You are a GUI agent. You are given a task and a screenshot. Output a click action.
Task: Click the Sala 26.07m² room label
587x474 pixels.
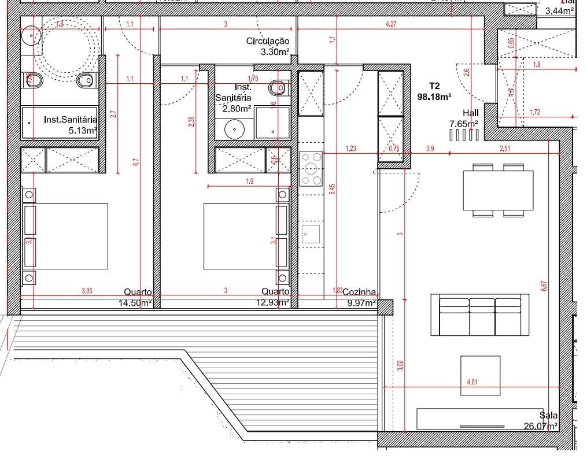pyautogui.click(x=541, y=421)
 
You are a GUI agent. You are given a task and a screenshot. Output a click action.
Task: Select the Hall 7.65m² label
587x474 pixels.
pyautogui.click(x=464, y=118)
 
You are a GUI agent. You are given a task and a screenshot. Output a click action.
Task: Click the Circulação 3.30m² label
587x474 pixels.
pyautogui.click(x=268, y=46)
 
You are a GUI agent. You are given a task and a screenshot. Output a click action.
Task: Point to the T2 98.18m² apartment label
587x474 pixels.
pyautogui.click(x=434, y=91)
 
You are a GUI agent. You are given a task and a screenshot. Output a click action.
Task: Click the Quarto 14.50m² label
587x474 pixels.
pyautogui.click(x=136, y=297)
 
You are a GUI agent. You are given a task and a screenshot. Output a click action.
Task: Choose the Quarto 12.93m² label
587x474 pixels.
pyautogui.click(x=274, y=297)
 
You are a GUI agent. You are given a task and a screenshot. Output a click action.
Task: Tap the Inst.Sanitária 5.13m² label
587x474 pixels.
pyautogui.click(x=70, y=125)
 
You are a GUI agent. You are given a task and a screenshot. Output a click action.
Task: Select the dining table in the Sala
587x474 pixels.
pyautogui.click(x=497, y=190)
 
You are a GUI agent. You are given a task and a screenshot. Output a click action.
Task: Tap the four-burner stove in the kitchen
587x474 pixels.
pyautogui.click(x=311, y=168)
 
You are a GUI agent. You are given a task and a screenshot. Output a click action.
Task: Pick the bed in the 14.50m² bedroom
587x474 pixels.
pyautogui.click(x=65, y=236)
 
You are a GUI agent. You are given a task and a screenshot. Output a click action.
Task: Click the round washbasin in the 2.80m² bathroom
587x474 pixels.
pyautogui.click(x=235, y=129)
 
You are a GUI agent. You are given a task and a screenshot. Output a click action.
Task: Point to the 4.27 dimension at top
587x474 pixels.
pyautogui.click(x=390, y=24)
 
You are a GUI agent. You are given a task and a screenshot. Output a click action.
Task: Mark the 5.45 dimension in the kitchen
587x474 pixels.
pyautogui.click(x=332, y=190)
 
